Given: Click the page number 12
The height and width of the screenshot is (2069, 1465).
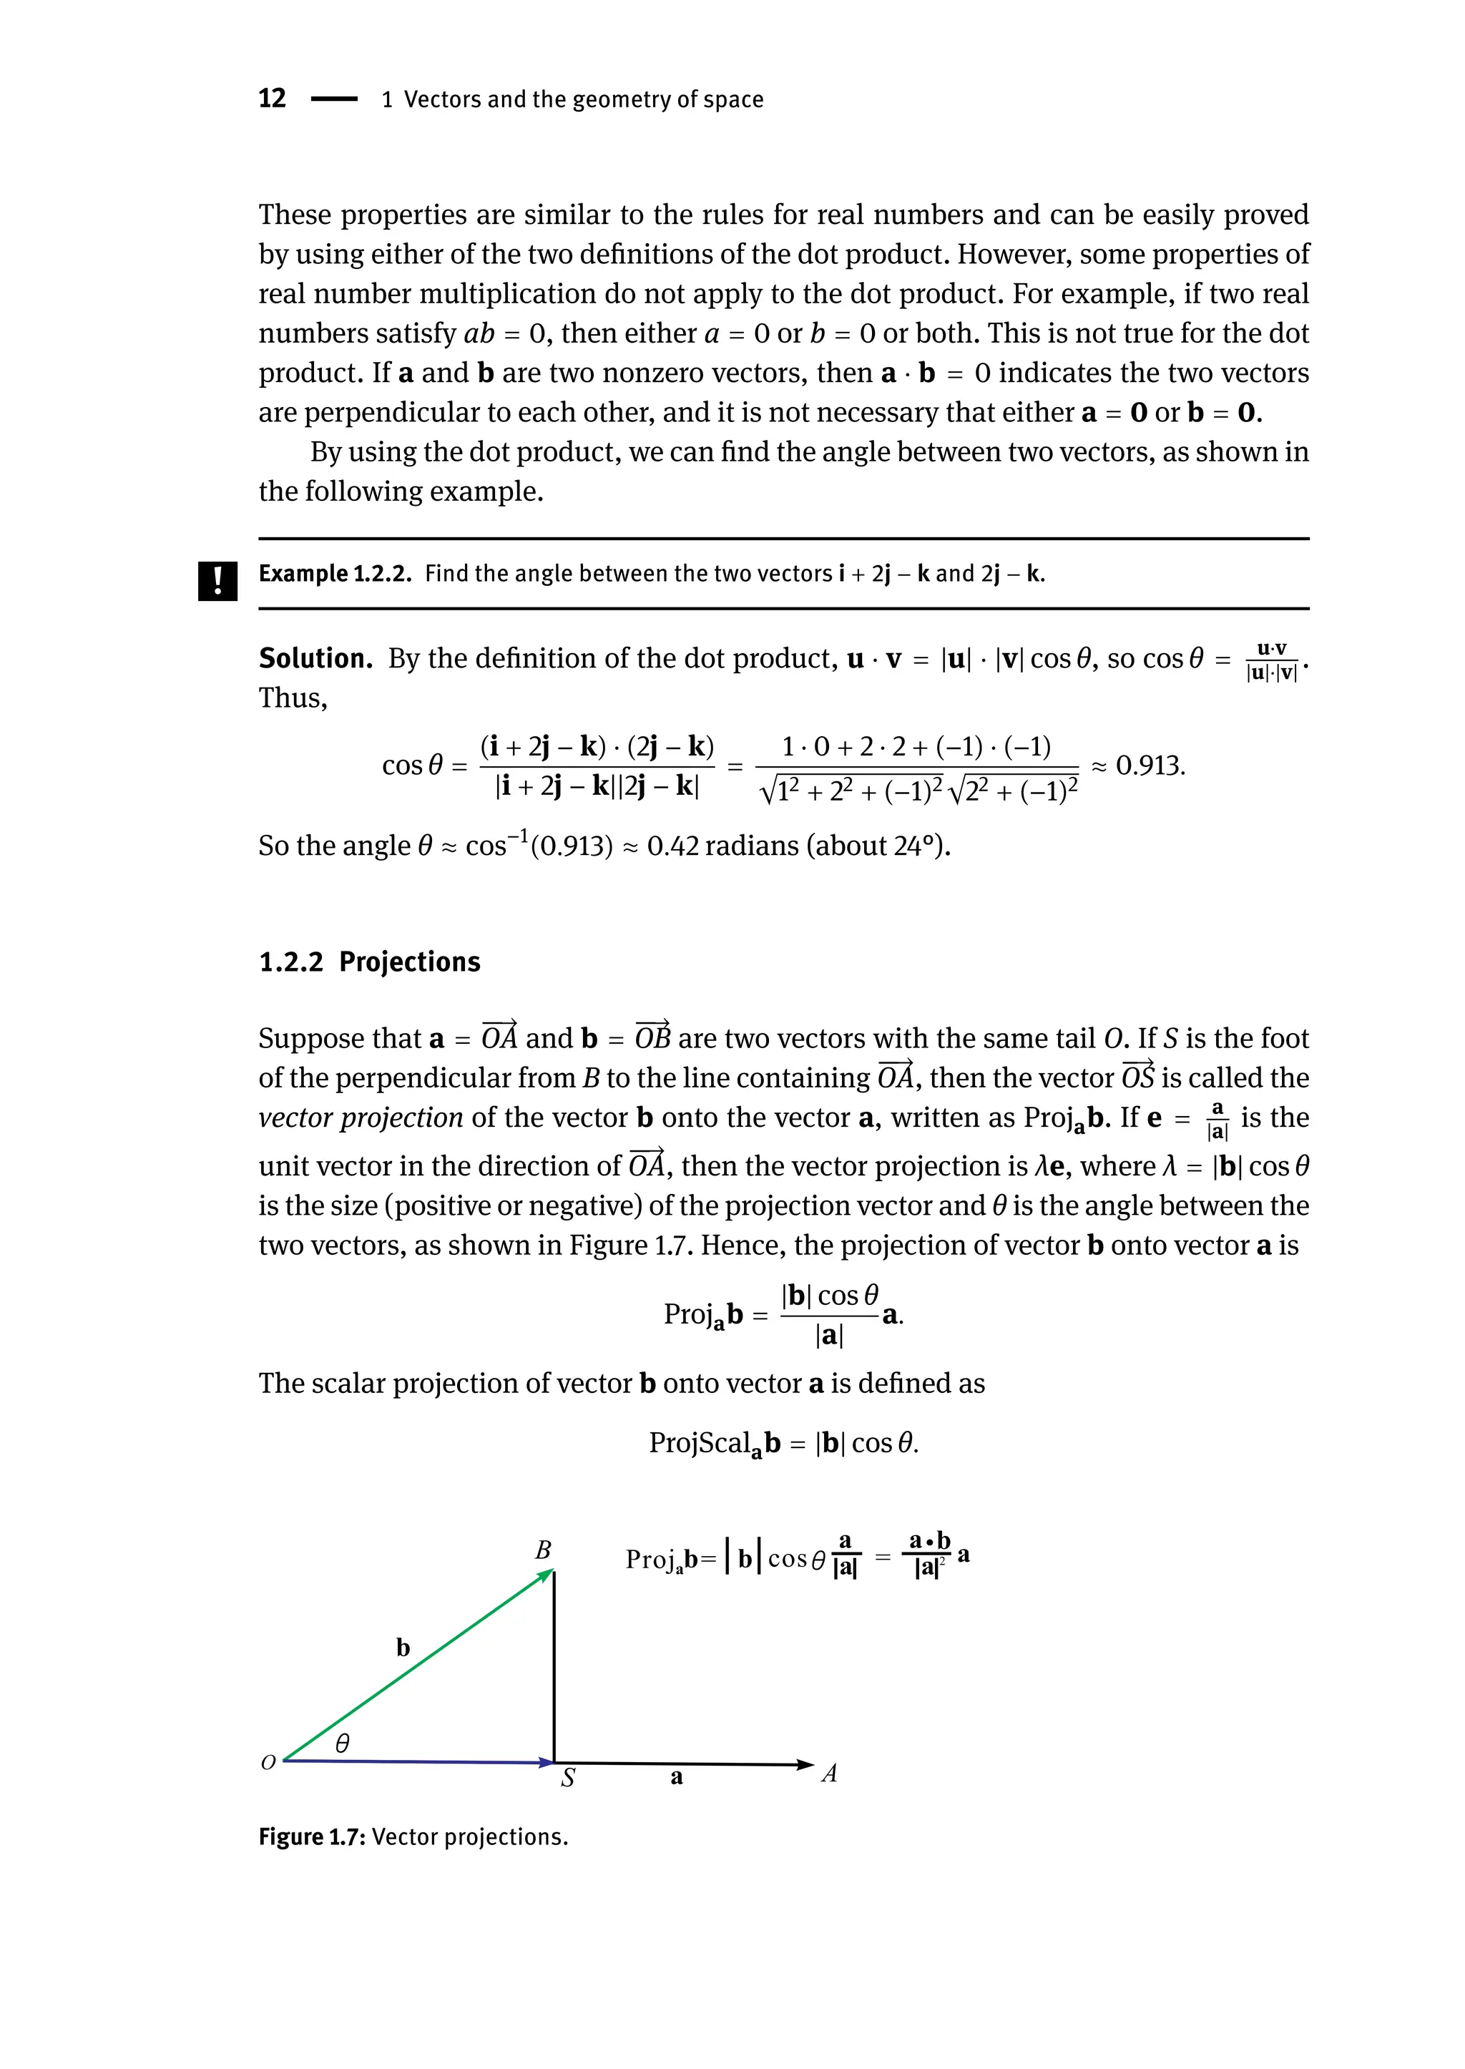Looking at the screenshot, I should pyautogui.click(x=272, y=98).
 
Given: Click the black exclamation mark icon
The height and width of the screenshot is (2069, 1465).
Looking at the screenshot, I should pyautogui.click(x=217, y=580).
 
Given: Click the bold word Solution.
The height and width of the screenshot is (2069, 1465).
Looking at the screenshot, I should pyautogui.click(x=315, y=659).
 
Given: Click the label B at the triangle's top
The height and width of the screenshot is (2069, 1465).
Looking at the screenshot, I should pyautogui.click(x=543, y=1550).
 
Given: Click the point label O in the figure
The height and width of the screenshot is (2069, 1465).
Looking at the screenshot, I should pyautogui.click(x=268, y=1762).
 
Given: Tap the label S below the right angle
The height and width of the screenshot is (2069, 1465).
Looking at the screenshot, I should pyautogui.click(x=567, y=1779).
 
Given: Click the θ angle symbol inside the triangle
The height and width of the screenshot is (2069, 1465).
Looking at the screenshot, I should pyautogui.click(x=342, y=1743).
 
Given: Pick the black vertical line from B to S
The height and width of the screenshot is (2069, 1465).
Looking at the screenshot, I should pyautogui.click(x=554, y=1669).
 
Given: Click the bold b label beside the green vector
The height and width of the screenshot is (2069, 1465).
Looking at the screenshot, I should pyautogui.click(x=403, y=1648).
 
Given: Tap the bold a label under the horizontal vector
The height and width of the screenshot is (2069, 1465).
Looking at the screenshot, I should pyautogui.click(x=677, y=1779).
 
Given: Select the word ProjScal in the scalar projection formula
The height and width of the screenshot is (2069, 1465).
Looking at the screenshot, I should pyautogui.click(x=700, y=1443).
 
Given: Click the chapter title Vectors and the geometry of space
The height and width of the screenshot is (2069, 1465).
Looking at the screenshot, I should pyautogui.click(x=583, y=99).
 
